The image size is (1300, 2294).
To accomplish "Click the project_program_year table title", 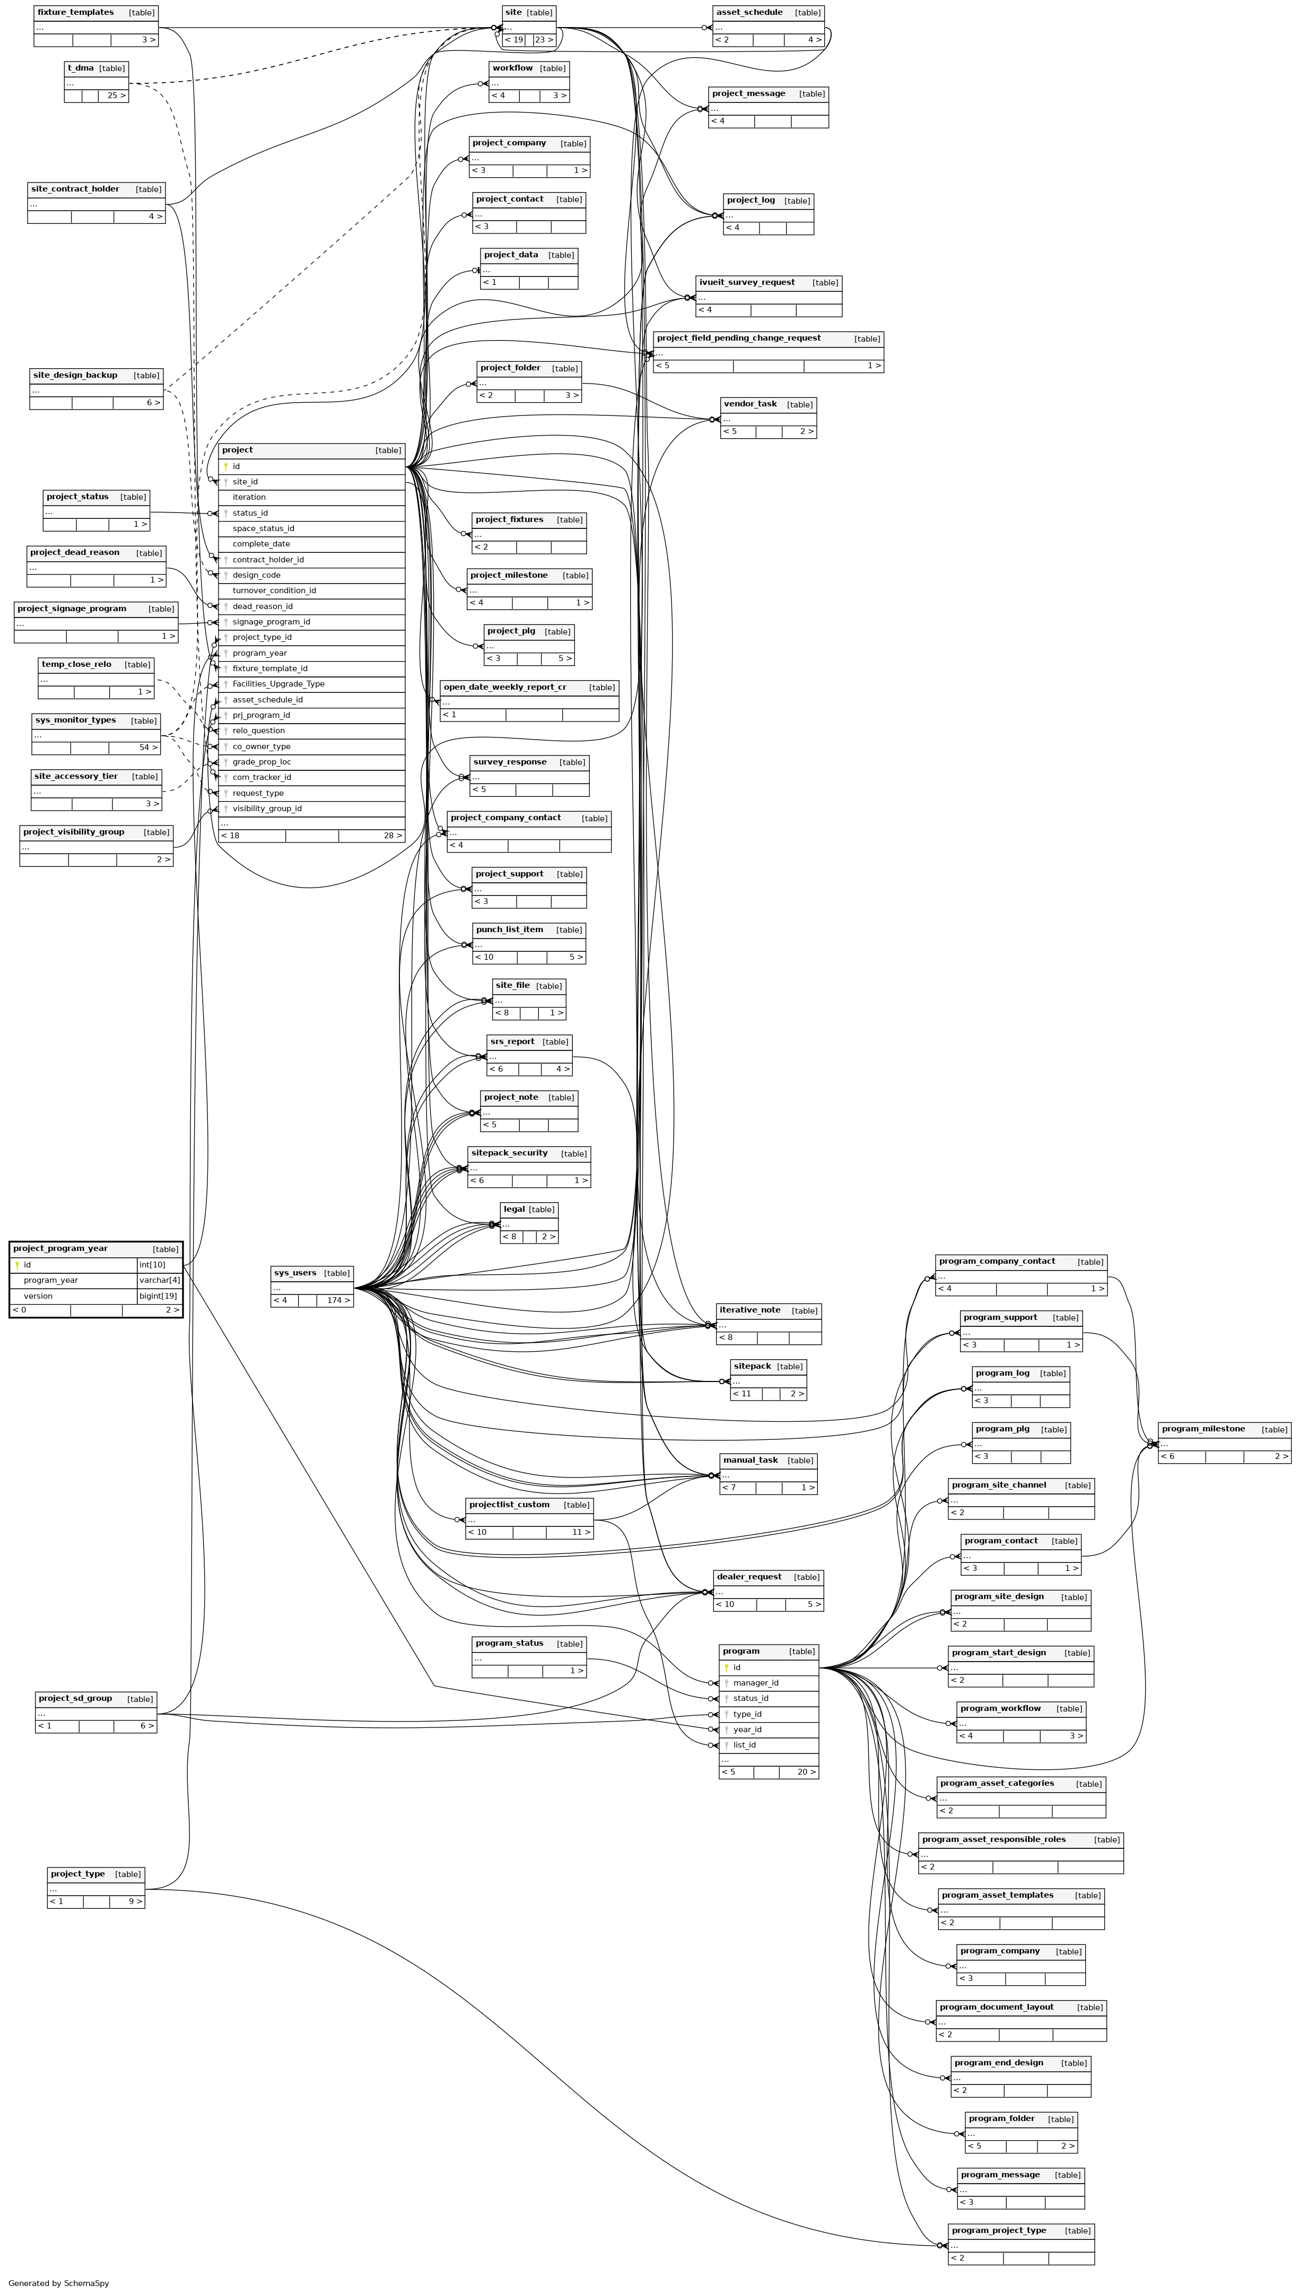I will (x=60, y=1248).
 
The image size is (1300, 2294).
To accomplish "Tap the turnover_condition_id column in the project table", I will (x=274, y=590).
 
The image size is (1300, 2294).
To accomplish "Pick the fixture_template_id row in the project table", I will (x=269, y=668).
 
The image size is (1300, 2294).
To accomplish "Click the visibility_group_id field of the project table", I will (x=267, y=808).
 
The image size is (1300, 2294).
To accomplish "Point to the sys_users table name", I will (x=295, y=1272).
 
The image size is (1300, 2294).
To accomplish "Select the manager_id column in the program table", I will (x=755, y=1682).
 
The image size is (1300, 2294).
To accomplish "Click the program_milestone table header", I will (x=1203, y=1429).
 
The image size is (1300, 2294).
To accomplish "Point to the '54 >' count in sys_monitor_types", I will (x=148, y=748).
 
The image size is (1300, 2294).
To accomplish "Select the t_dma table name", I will (x=81, y=68).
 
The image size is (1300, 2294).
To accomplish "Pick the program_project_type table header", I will (x=998, y=2230).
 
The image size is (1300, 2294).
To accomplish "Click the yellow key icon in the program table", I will (x=727, y=1667).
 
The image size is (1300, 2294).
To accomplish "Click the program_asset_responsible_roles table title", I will (x=994, y=1839).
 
